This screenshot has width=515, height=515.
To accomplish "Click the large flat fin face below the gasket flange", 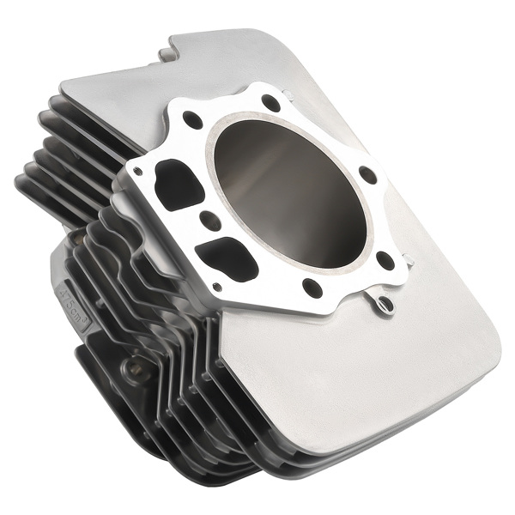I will point(360,378).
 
